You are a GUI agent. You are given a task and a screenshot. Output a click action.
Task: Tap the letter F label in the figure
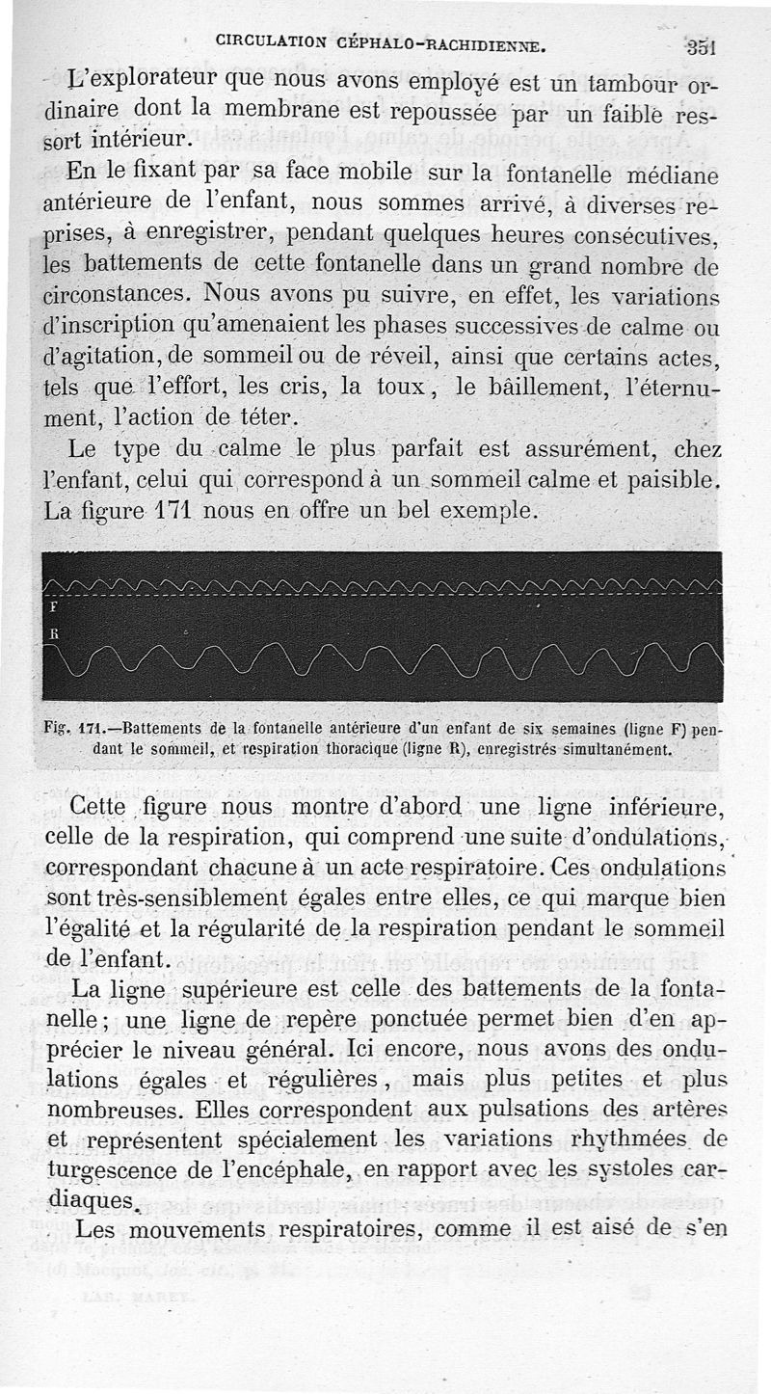tap(52, 608)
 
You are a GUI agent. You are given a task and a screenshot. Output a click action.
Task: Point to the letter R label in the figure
tap(52, 633)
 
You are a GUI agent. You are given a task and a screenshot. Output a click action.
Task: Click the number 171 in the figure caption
tap(92, 730)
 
